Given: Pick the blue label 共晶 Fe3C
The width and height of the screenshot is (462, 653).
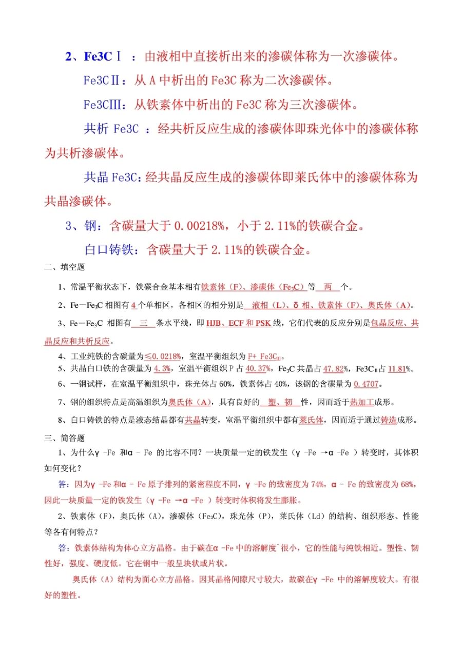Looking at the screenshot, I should point(112,177).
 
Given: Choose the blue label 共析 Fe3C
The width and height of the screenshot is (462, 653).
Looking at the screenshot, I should point(111,129).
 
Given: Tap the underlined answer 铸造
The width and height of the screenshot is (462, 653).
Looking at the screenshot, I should point(388,420).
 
